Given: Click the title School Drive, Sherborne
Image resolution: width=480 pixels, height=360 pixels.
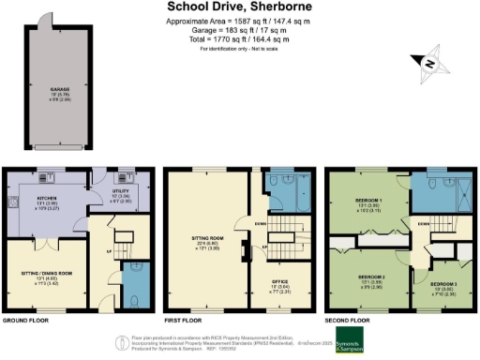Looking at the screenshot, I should [x=239, y=7].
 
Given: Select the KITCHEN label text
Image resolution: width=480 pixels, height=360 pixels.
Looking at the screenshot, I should [x=49, y=200].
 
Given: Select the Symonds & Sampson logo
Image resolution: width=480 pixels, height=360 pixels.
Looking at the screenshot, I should [x=351, y=343].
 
